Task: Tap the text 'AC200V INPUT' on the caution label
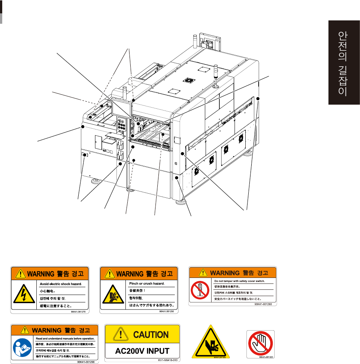pos(143,351)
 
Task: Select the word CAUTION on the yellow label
pos(151,335)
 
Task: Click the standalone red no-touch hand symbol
pos(261,343)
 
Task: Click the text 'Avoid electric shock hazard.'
pos(60,283)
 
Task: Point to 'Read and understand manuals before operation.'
pos(65,338)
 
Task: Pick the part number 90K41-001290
pos(87,362)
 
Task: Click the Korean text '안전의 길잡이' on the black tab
pos(342,64)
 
